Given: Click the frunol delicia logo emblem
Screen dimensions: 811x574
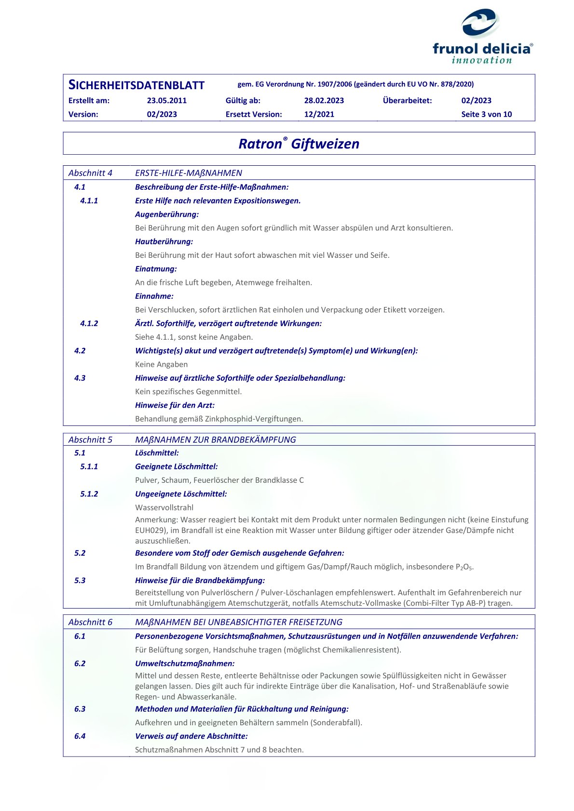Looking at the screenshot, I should pyautogui.click(x=479, y=23).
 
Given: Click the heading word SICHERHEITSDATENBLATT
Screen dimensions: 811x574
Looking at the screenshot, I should pyautogui.click(x=137, y=85).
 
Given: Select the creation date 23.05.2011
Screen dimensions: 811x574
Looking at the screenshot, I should pyautogui.click(x=166, y=101).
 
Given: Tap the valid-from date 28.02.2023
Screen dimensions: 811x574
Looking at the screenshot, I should pyautogui.click(x=324, y=101).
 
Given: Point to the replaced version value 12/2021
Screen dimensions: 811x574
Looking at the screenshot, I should pyautogui.click(x=319, y=114).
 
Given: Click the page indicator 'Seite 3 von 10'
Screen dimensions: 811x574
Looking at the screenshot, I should pyautogui.click(x=486, y=114).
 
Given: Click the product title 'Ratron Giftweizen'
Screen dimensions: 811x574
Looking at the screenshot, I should pyautogui.click(x=299, y=144).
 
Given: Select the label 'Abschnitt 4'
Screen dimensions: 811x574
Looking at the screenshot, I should pyautogui.click(x=90, y=173).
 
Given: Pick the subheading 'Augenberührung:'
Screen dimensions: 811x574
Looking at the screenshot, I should pyautogui.click(x=167, y=214).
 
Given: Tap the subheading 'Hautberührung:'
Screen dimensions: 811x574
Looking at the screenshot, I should pyautogui.click(x=164, y=241).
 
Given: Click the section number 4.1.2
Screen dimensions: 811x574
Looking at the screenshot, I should pyautogui.click(x=89, y=323).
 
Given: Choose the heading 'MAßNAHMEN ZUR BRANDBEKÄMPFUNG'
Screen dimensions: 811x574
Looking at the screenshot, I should pyautogui.click(x=215, y=439).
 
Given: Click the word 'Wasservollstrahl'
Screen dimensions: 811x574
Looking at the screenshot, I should pyautogui.click(x=164, y=507).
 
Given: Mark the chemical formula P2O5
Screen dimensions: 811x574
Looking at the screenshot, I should pyautogui.click(x=464, y=567).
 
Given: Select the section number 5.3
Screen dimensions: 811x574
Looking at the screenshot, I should pyautogui.click(x=80, y=580).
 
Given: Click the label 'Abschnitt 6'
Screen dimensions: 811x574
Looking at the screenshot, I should pyautogui.click(x=90, y=622).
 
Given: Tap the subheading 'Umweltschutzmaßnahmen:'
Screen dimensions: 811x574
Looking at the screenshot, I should pyautogui.click(x=185, y=664).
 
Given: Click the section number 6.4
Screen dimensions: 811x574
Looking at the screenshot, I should pyautogui.click(x=80, y=736).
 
